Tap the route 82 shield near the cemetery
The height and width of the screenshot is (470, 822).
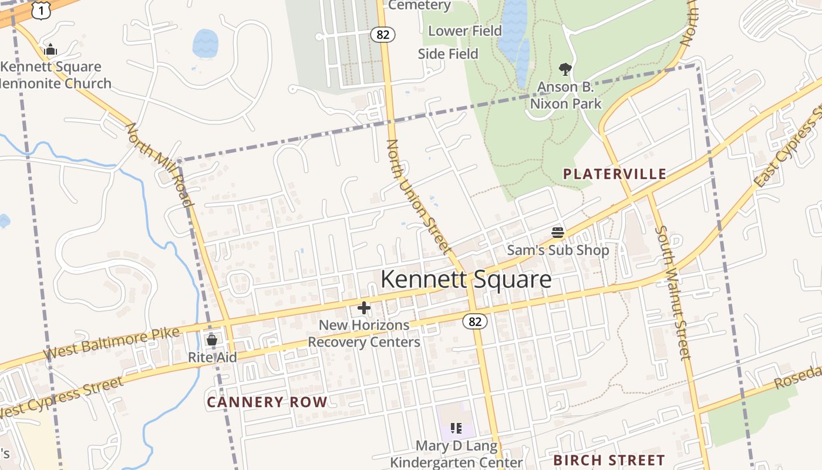(x=382, y=35)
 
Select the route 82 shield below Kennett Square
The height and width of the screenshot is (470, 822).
(x=475, y=321)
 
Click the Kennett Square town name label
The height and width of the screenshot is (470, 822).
(x=466, y=280)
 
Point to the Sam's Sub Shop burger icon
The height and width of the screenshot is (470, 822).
(x=558, y=233)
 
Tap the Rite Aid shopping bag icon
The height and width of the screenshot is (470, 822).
(x=212, y=340)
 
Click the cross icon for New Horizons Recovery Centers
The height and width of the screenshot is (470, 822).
(x=364, y=307)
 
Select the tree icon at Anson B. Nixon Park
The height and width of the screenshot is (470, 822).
(x=565, y=69)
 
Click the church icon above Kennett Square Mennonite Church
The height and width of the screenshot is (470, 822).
(x=50, y=49)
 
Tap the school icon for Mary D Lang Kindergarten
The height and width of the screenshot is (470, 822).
(x=456, y=428)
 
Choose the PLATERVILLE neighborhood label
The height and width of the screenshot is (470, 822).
(x=615, y=174)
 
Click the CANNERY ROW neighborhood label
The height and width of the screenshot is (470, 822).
(x=267, y=402)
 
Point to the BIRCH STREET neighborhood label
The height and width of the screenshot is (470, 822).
(x=609, y=460)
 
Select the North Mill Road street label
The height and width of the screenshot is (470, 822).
(x=160, y=166)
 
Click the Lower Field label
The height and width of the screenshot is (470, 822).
(x=465, y=31)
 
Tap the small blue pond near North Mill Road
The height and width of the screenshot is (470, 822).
(x=205, y=43)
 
